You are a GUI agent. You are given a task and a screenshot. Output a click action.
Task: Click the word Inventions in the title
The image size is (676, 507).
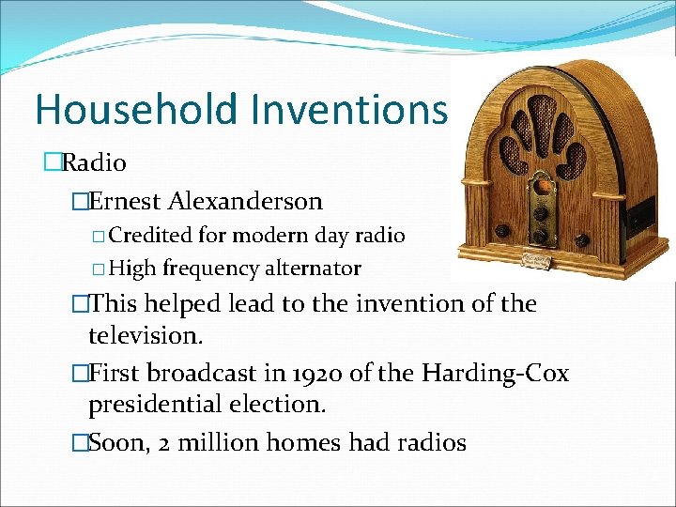(348, 109)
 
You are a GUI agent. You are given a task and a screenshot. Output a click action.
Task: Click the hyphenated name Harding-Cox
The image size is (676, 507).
(496, 373)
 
